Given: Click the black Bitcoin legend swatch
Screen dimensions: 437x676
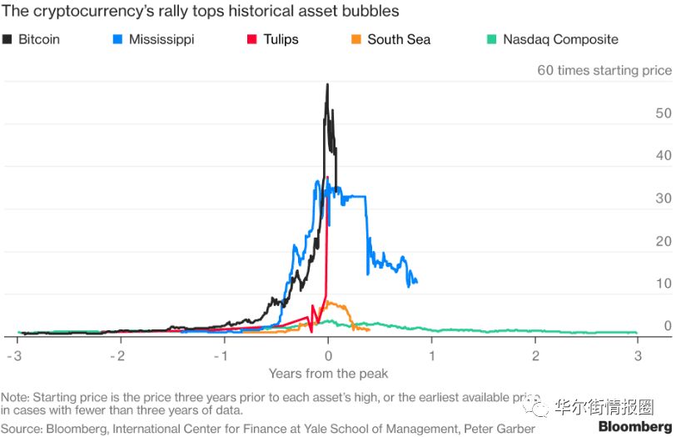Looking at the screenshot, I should (x=10, y=39).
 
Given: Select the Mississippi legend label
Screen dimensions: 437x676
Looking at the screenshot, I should (x=162, y=39).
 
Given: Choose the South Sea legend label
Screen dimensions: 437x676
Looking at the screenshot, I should (x=399, y=39).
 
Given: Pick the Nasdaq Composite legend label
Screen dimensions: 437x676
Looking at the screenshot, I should (x=560, y=39).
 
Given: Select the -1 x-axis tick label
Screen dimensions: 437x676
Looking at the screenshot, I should (x=221, y=354).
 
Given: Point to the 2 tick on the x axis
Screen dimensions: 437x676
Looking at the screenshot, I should (x=536, y=354).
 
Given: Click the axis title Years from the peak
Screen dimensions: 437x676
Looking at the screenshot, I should (x=328, y=373).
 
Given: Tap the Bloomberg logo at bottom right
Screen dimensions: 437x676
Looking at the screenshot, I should (x=634, y=427).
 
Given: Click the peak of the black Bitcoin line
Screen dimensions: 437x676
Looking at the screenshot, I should (x=327, y=83).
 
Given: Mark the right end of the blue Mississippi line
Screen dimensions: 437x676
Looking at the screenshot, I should (x=416, y=282).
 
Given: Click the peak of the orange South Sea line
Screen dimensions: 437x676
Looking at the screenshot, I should (x=328, y=301).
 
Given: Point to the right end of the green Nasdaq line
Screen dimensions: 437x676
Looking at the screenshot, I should (x=637, y=333).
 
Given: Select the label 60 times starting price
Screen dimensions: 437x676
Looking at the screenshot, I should (x=604, y=70).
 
